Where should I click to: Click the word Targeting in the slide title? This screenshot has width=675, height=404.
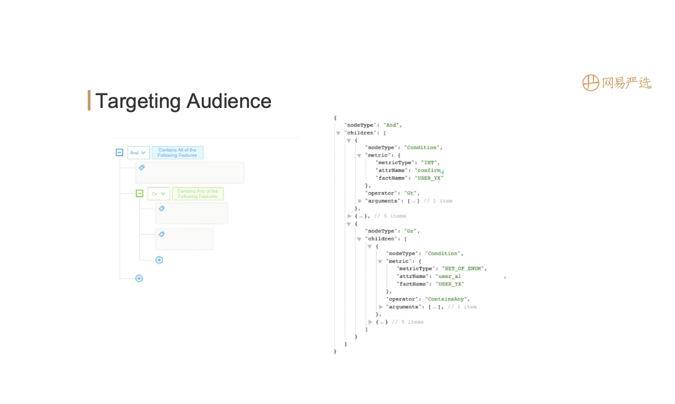(138, 101)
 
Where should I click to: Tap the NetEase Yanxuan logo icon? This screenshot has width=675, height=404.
(591, 83)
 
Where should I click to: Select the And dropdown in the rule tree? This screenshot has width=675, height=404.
(138, 153)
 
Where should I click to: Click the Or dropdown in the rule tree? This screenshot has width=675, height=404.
(158, 194)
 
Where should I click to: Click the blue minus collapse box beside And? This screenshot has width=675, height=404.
(119, 153)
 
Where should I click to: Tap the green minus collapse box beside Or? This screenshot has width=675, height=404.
(140, 193)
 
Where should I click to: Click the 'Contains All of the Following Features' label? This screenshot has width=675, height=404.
(177, 153)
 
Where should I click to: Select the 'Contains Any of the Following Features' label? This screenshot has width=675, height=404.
(198, 194)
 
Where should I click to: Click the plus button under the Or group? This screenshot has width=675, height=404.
(159, 260)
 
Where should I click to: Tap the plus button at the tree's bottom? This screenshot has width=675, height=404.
(139, 279)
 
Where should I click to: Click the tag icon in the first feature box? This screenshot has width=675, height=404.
(142, 168)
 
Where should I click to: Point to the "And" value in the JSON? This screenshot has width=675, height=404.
(392, 125)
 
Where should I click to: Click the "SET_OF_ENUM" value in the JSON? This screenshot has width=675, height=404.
(464, 269)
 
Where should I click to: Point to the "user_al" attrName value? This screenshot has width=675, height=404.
(449, 276)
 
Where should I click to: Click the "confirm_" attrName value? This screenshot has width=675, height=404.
(432, 170)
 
